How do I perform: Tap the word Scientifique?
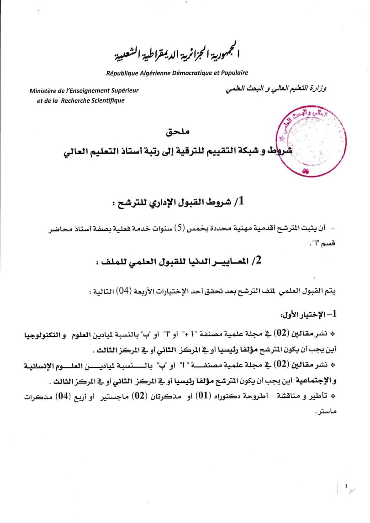(x=107, y=100)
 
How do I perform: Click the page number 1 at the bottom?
(x=346, y=486)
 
